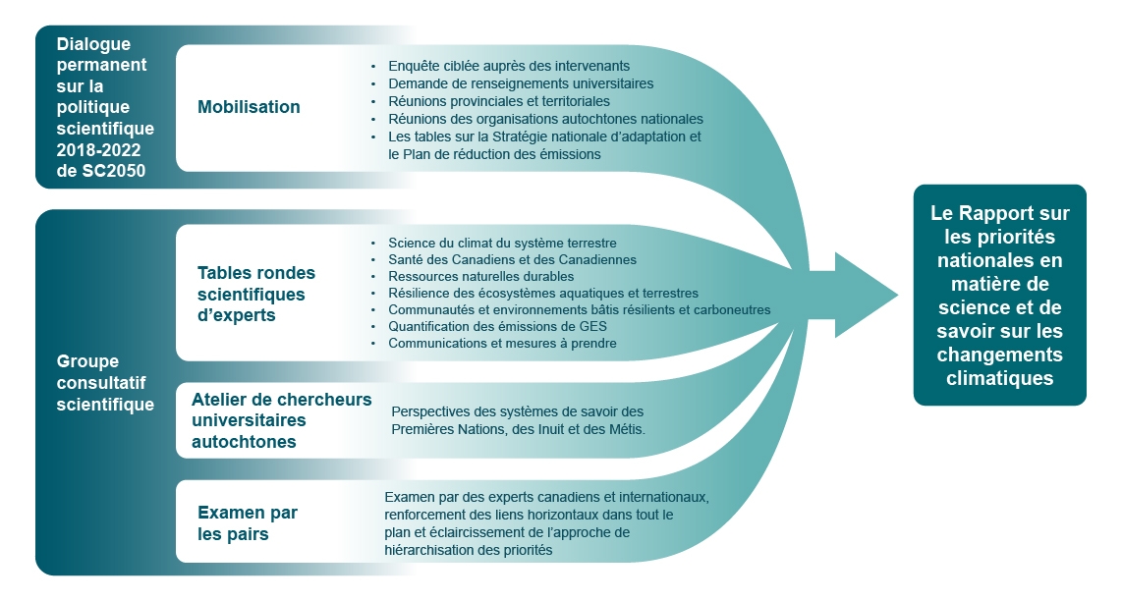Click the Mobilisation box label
coord(249,107)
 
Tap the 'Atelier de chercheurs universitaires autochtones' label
coord(282,420)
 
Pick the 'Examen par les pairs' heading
coord(248,523)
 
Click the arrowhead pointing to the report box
coord(865,295)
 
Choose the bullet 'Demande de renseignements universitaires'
coord(521,83)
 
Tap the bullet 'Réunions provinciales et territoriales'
coord(499,101)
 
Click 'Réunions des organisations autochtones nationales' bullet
coord(545,119)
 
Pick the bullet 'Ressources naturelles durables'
coord(480,276)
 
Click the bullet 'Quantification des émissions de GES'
coord(497,326)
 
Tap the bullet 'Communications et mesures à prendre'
coord(502,343)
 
